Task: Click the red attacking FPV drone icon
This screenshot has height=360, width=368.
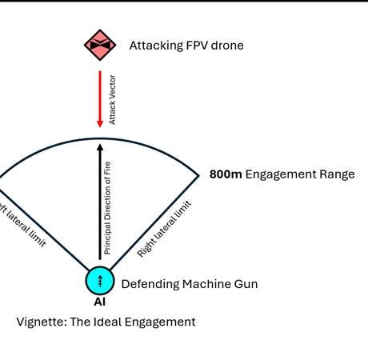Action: tap(100, 45)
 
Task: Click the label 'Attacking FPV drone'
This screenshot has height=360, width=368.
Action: tap(186, 46)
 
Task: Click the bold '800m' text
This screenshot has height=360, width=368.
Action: tap(225, 174)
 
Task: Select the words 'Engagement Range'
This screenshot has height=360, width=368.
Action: tap(300, 174)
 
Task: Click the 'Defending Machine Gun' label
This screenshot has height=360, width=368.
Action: tap(189, 283)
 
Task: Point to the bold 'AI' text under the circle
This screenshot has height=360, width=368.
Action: tap(100, 302)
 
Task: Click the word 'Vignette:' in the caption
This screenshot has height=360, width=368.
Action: tap(41, 322)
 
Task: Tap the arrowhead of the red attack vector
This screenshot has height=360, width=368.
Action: tap(100, 122)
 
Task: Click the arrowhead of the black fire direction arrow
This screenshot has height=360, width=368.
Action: tap(100, 146)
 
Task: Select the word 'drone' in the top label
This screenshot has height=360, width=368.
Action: tap(226, 46)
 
